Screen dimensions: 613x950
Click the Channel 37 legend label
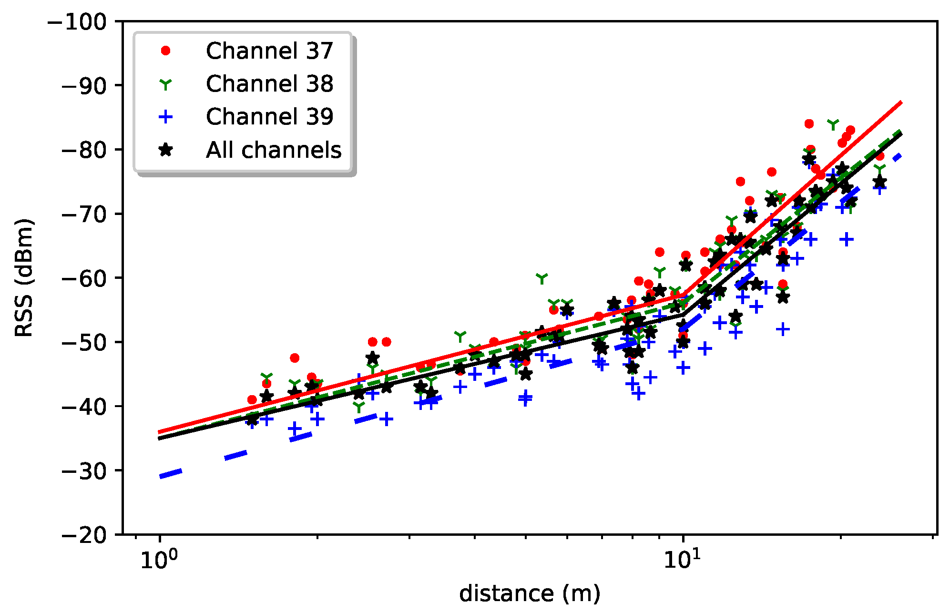269,51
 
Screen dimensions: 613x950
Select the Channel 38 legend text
269,83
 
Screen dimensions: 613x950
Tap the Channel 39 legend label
269,116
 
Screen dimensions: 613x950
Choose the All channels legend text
273,150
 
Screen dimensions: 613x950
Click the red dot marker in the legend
165,51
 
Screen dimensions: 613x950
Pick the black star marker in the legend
165,150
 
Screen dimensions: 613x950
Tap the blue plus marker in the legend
165,116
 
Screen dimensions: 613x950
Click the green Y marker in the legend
165,84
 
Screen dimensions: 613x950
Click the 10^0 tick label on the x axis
159,559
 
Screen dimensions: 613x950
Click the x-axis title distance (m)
529,594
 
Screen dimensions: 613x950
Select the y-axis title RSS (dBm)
24,278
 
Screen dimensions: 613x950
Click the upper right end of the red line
900,102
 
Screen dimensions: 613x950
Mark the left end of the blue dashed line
161,476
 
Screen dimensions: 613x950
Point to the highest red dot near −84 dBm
809,124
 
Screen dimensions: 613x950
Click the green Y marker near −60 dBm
542,278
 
